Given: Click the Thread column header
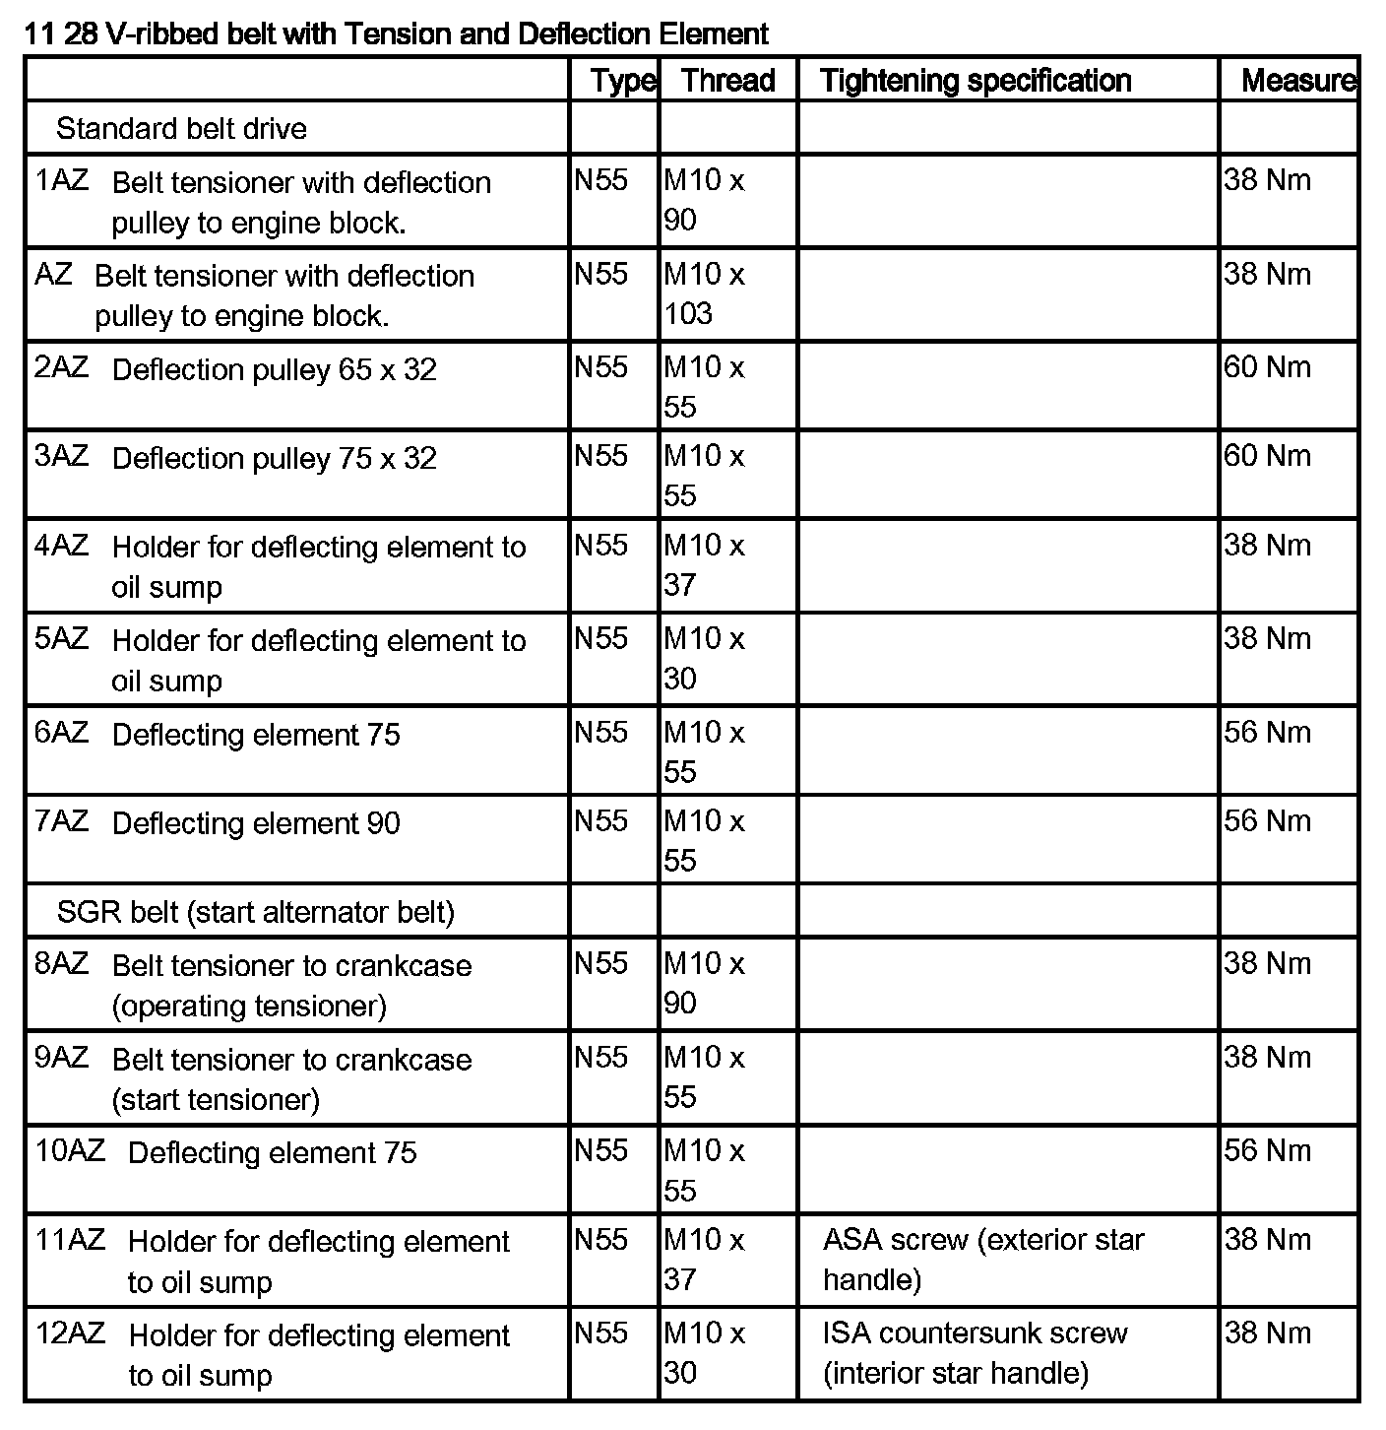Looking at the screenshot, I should pos(727,81).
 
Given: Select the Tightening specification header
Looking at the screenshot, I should pos(975,81).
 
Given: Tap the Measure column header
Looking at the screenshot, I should pos(1297,81).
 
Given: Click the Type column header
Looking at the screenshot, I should pos(622,81).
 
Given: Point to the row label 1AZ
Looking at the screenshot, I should pos(61,181).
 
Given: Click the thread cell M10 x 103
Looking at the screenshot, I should pos(704,293).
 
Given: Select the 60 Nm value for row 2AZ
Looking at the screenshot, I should pos(1267,367).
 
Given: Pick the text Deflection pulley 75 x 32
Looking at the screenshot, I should pos(274,459).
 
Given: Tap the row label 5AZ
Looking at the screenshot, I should pos(61,639).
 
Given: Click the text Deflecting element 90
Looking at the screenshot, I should pos(256,823).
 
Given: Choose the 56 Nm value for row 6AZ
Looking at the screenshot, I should pos(1267,733).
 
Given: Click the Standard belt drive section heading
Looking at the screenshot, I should pos(181,129).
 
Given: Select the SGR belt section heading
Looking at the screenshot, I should pos(255,912).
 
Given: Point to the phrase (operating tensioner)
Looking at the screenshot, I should pos(249,1007).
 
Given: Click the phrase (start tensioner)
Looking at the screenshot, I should pos(216,1099).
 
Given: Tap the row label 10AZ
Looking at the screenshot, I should pos(70,1151).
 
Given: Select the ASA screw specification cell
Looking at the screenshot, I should pos(982,1260).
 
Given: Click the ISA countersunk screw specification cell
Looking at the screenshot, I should pos(975,1352).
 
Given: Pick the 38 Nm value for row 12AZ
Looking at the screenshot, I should pos(1267,1333).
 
